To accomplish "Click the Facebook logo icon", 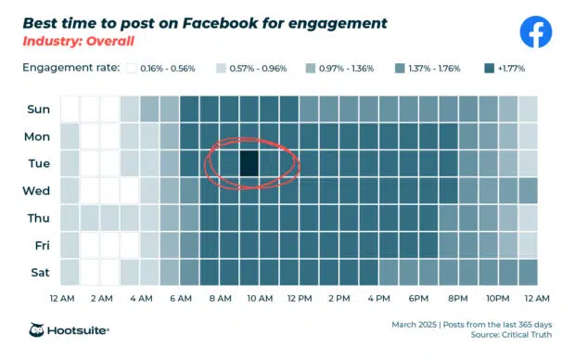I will pyautogui.click(x=535, y=32).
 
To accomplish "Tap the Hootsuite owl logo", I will pyautogui.click(x=39, y=331).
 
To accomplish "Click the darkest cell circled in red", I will pyautogui.click(x=249, y=163).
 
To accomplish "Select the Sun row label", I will pyautogui.click(x=38, y=109).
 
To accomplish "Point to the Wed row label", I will pyautogui.click(x=37, y=191).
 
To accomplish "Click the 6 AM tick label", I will pyautogui.click(x=180, y=298).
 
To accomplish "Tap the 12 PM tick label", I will pyautogui.click(x=300, y=298).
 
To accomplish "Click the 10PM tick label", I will pyautogui.click(x=498, y=298).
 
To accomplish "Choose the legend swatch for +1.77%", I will pyautogui.click(x=489, y=69).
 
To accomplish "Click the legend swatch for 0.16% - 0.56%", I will pyautogui.click(x=132, y=69).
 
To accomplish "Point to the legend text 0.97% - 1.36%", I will pyautogui.click(x=347, y=69).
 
